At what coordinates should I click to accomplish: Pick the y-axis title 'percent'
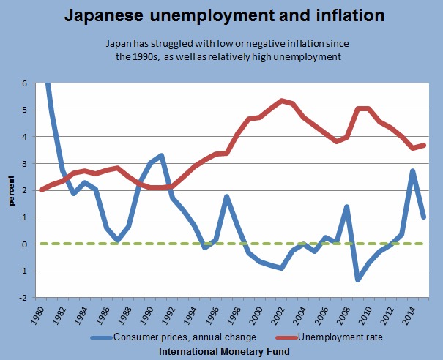pyautogui.click(x=11, y=190)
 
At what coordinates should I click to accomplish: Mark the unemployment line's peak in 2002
pyautogui.click(x=282, y=100)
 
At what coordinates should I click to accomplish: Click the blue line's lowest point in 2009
pyautogui.click(x=358, y=280)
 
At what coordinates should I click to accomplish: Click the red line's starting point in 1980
pyautogui.click(x=42, y=190)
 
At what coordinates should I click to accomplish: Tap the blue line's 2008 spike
pyautogui.click(x=347, y=207)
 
